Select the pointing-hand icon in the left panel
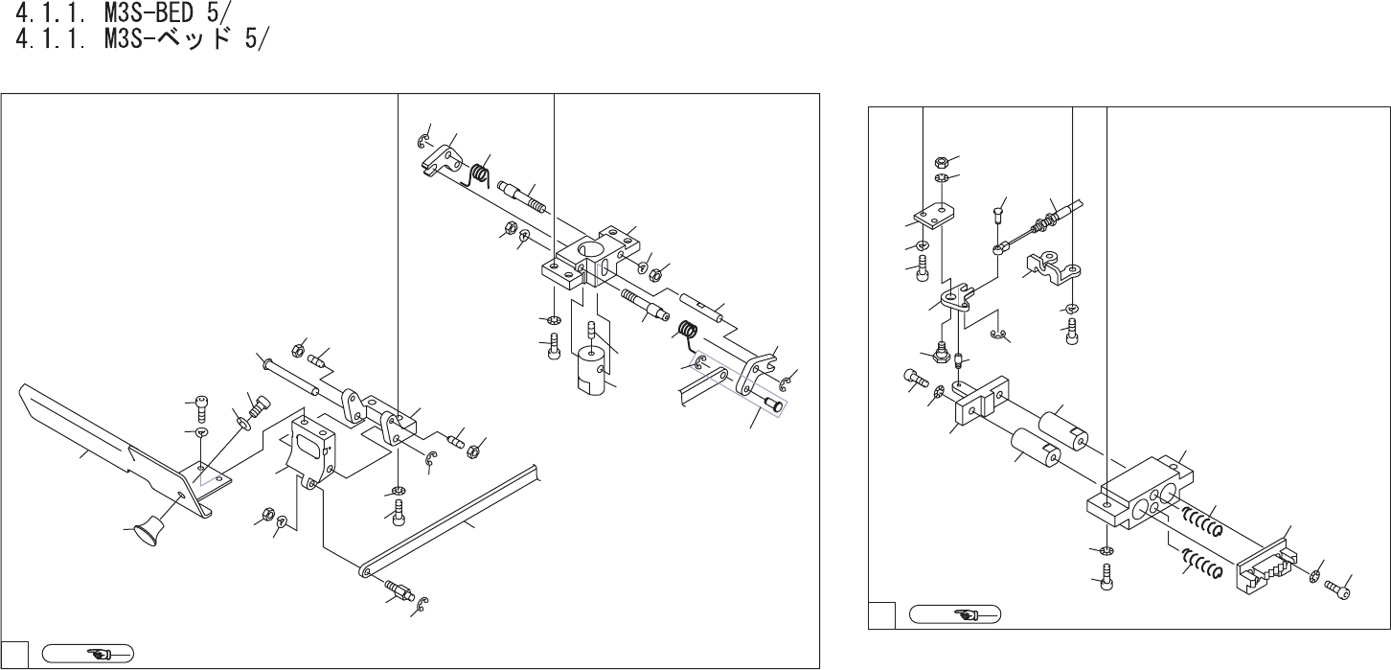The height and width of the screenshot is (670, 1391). (x=93, y=655)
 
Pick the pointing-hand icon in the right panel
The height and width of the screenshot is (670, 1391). (x=954, y=613)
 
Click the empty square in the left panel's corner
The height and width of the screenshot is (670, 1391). (x=13, y=655)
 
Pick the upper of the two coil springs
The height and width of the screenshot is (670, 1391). (x=1199, y=522)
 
